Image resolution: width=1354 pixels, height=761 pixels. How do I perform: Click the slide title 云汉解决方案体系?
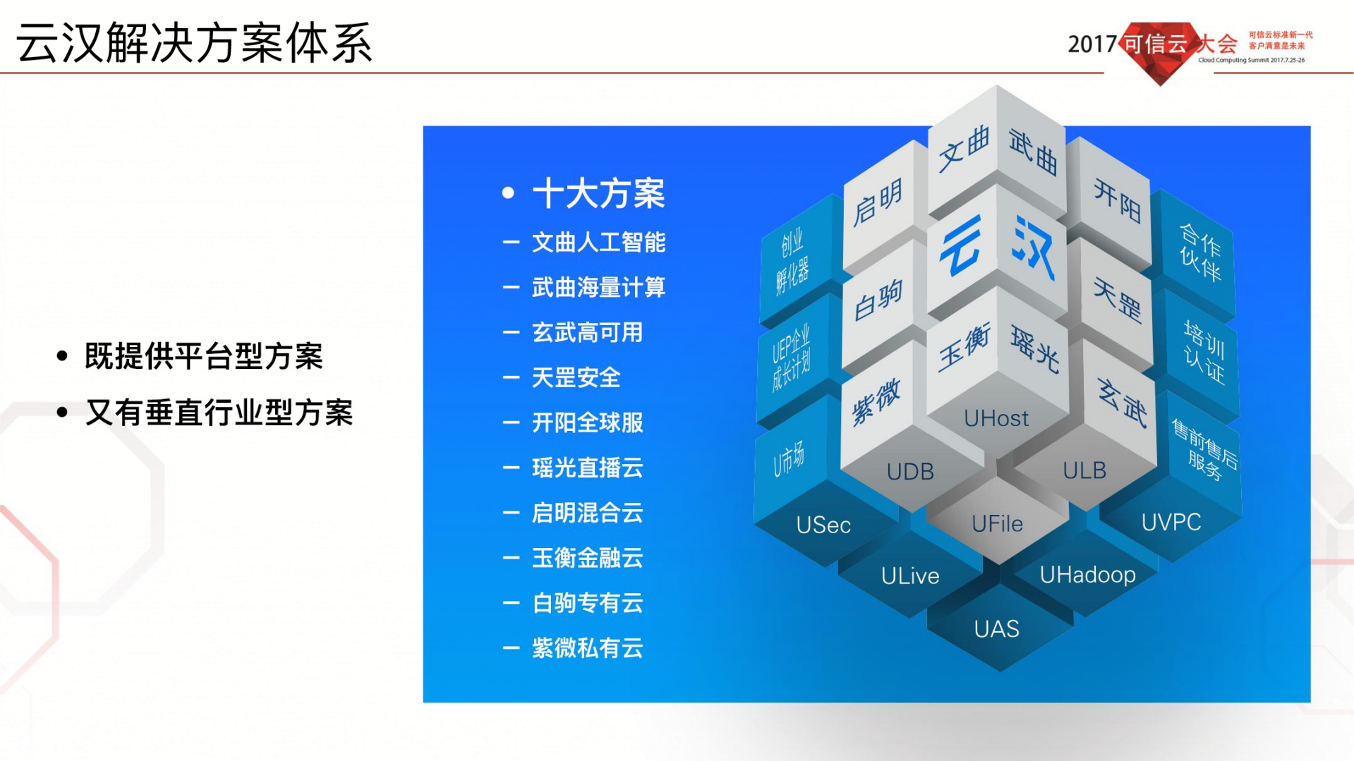194,44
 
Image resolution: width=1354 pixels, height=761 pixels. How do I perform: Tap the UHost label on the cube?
996,418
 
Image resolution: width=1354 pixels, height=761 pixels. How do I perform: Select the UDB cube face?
909,471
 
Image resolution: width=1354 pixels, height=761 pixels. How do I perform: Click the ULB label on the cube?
1084,470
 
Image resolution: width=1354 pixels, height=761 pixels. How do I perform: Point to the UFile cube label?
996,523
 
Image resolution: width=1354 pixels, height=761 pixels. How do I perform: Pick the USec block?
823,525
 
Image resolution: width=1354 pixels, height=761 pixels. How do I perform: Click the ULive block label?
909,576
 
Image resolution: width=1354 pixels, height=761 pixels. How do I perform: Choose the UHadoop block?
1087,575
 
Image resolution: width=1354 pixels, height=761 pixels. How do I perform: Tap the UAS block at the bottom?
996,628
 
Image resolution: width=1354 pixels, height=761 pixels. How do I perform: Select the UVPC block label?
1171,523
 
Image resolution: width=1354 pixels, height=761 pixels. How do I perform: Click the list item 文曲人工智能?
598,243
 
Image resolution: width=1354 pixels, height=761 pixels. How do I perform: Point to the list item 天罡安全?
575,378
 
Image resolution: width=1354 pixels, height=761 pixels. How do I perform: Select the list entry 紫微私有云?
586,648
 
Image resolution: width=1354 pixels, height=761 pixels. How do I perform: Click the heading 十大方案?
598,194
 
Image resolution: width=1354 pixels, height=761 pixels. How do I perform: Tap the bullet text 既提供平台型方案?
203,356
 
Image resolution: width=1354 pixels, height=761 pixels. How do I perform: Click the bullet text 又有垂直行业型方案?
219,413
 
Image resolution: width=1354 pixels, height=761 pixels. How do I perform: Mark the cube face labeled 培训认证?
1204,353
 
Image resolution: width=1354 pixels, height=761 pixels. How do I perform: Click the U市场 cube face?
788,459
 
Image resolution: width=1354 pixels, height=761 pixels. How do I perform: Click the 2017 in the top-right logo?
1092,44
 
